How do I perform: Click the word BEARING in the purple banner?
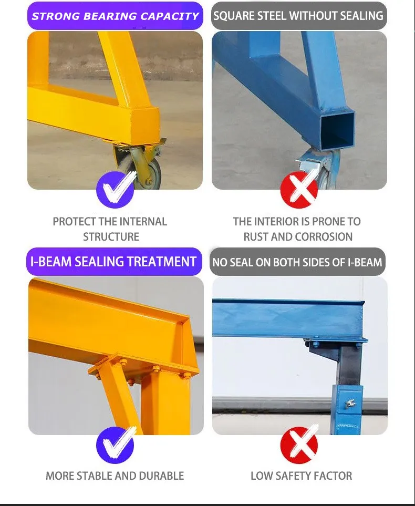(110, 16)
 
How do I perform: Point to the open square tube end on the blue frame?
(337, 130)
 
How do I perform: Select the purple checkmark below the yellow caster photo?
(116, 190)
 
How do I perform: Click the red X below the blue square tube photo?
(299, 190)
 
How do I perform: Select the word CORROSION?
(325, 237)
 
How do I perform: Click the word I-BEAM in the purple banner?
(51, 262)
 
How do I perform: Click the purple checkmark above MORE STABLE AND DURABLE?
(116, 445)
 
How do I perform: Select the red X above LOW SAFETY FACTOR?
(299, 445)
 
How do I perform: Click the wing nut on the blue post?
(350, 402)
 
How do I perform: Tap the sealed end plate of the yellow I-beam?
(190, 342)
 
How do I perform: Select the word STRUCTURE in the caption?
(111, 237)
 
